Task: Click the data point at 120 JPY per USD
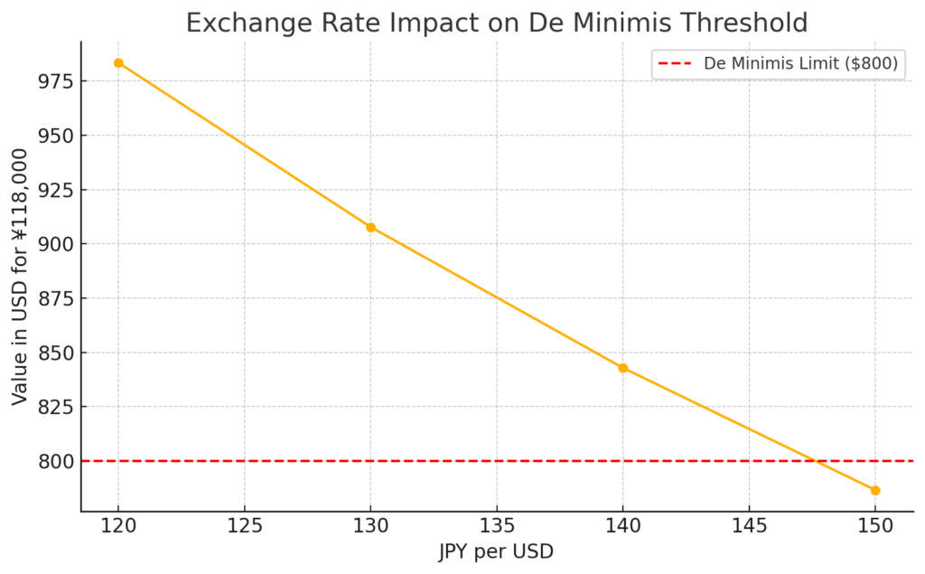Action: pyautogui.click(x=118, y=63)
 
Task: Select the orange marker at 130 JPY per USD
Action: pyautogui.click(x=370, y=227)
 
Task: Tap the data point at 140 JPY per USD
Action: pyautogui.click(x=622, y=368)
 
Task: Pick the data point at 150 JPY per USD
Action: pyautogui.click(x=874, y=490)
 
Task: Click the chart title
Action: pyautogui.click(x=497, y=23)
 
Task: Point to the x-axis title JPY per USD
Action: pyautogui.click(x=496, y=551)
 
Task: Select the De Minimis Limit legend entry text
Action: pyautogui.click(x=800, y=64)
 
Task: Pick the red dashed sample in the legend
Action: pyautogui.click(x=676, y=64)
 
